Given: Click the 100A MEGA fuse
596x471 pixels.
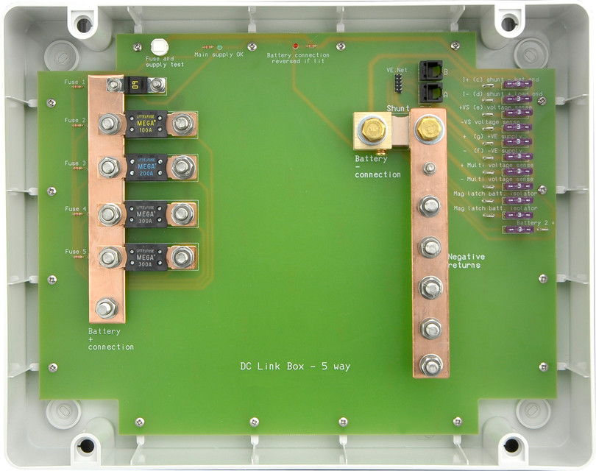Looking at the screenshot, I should pos(146,123).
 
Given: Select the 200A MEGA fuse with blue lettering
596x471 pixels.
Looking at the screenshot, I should pos(146,167).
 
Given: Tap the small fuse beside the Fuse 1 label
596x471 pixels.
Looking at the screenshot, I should pos(135,85).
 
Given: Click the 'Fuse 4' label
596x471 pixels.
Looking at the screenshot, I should pos(75,209).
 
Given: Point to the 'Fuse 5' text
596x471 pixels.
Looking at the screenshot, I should pos(75,252).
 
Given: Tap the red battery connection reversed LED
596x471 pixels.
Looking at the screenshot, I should pos(295,46).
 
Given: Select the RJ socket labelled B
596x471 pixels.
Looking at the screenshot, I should pos(430,71).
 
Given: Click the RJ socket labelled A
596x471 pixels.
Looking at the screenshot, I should pos(430,93).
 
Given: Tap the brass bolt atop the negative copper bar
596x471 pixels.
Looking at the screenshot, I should pos(429,130).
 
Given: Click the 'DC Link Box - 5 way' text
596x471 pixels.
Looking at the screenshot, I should pos(294,366).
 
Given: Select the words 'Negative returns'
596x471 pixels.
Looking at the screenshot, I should pos(466,261).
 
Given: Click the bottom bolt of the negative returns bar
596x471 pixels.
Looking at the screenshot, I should pos(430,364).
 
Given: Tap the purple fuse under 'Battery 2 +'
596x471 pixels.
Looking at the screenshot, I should pos(517,230).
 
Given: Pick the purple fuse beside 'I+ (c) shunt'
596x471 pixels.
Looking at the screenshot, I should pos(517,85).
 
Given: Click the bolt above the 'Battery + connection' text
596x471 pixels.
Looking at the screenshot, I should pos(107,308).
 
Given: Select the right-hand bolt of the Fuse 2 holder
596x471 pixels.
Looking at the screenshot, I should pos(182,124).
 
